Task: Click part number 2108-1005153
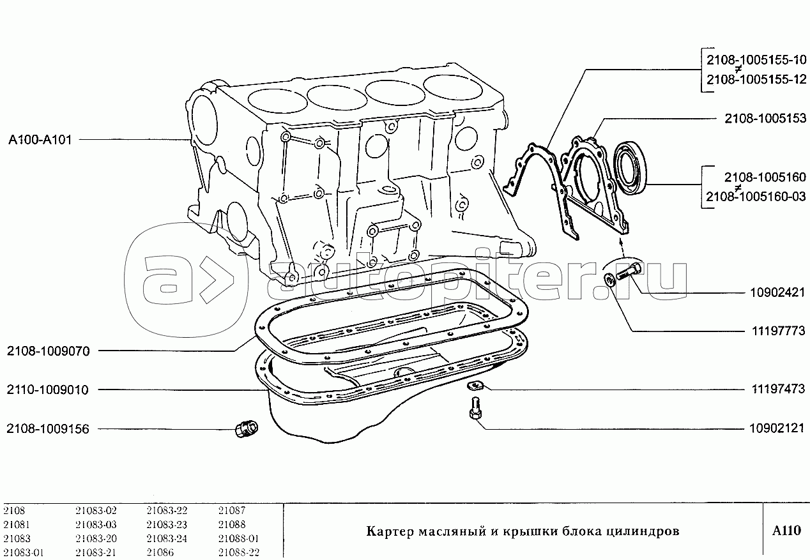[765, 118]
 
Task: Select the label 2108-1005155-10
[756, 60]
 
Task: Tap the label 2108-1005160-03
[756, 196]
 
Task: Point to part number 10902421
[777, 292]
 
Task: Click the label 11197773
[779, 330]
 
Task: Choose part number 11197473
[778, 389]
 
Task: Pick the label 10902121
[777, 428]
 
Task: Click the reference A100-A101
[40, 140]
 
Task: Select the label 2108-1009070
[48, 351]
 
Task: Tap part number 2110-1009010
[47, 390]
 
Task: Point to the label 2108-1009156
[48, 428]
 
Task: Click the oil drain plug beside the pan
[246, 428]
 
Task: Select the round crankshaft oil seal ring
[630, 169]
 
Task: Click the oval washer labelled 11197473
[474, 386]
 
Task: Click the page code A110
[786, 531]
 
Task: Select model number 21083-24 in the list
[167, 538]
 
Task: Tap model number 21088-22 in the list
[239, 552]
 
